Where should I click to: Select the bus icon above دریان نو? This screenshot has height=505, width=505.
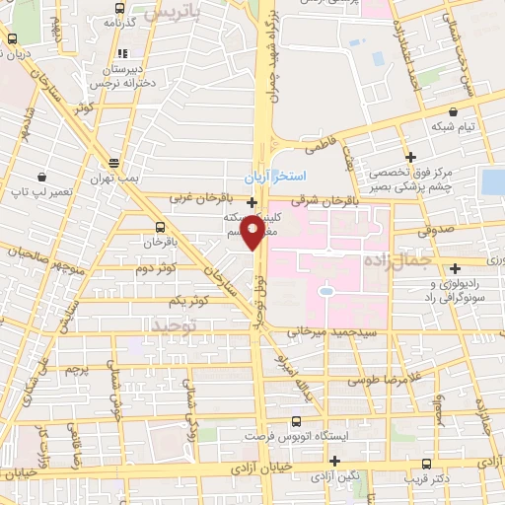tap(12, 39)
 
